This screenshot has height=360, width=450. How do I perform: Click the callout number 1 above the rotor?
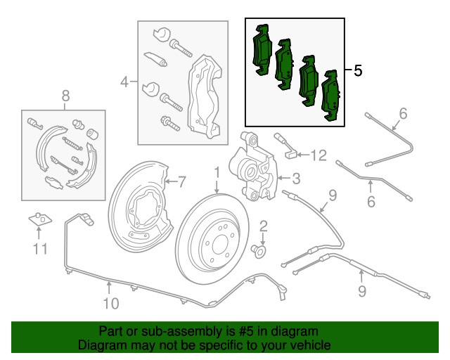pos(217,172)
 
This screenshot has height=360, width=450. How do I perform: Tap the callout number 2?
pos(264,226)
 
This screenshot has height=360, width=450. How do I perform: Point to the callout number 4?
pos(124,82)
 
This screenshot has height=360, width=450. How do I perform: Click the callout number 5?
pos(357,71)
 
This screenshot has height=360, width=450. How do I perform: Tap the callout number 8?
pos(65,95)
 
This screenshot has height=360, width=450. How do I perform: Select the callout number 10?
pos(110,303)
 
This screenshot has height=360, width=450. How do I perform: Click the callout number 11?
pos(41,247)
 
